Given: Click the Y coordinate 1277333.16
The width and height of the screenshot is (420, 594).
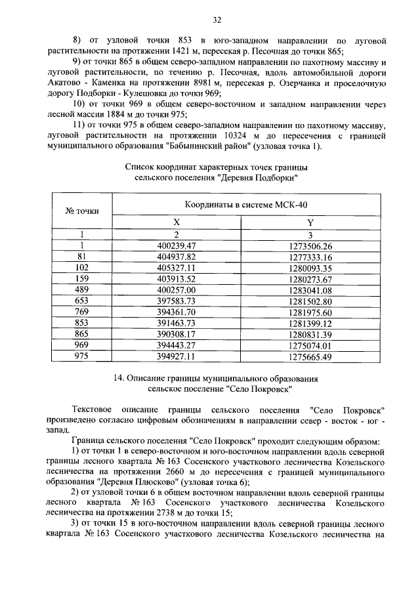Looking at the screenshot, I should point(310,257).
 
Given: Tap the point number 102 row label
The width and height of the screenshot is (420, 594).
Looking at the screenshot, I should point(82,268).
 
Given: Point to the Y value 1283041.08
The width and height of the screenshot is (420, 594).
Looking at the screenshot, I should point(310,290).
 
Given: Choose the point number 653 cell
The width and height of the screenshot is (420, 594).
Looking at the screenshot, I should point(82,301).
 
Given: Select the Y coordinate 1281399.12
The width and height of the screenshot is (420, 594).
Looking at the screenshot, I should point(310,324).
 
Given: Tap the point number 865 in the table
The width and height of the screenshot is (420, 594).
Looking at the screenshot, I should point(82,335).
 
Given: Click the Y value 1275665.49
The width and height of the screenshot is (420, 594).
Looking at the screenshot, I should point(310,357).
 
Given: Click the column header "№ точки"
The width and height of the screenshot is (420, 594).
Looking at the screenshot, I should point(82,211).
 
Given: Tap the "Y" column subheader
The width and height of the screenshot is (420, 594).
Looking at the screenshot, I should point(310,223).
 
